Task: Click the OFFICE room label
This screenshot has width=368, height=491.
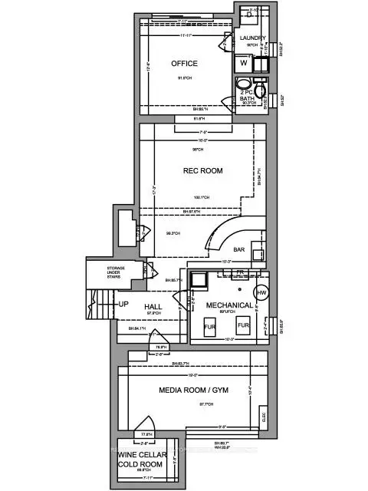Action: pos(185,63)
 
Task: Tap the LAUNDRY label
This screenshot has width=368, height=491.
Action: pos(252,38)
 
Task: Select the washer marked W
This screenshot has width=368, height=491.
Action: pos(244,64)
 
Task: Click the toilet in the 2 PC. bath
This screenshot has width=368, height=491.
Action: pos(261,90)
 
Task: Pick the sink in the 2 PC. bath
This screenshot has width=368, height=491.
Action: pos(242,85)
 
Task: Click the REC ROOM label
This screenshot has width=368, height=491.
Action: pos(202,171)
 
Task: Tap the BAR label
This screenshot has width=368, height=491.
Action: pos(239,249)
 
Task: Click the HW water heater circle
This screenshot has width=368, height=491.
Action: pos(261,292)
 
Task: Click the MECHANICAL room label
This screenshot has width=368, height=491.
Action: pos(229,305)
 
